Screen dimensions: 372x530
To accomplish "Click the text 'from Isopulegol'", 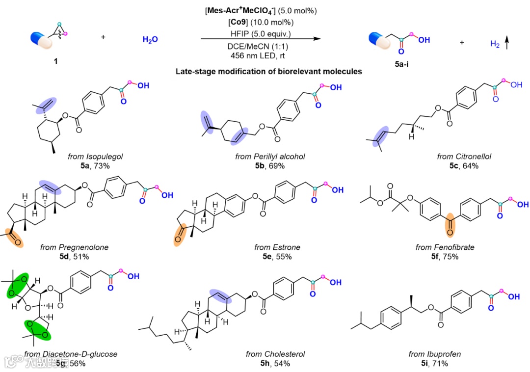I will [95, 157].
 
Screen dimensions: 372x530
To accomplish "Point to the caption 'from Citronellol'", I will [464, 157].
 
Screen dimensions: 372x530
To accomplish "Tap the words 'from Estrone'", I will [277, 247].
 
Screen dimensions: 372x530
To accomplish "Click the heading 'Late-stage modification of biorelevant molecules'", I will [269, 72].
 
